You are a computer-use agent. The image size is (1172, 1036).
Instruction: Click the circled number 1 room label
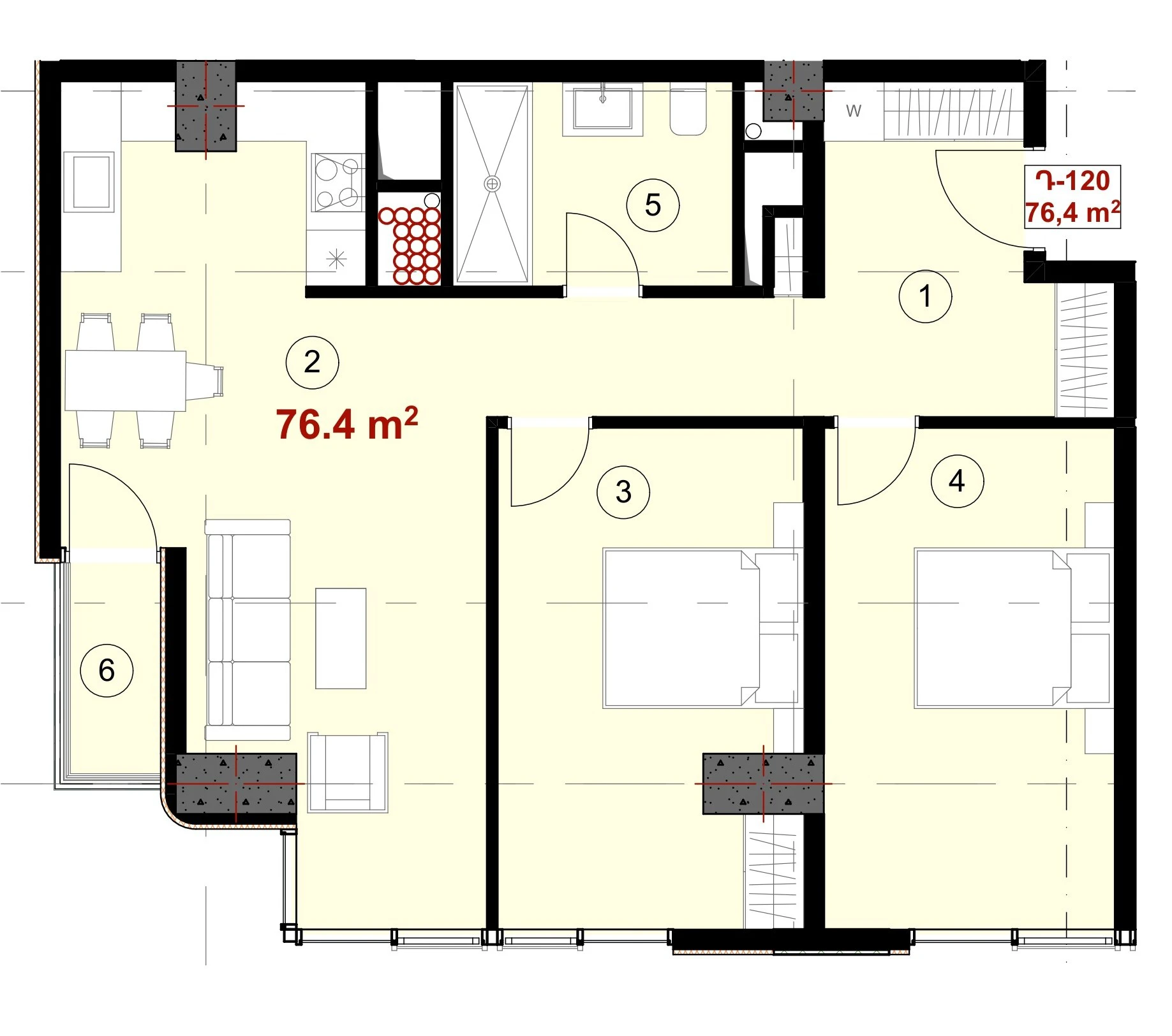point(925,296)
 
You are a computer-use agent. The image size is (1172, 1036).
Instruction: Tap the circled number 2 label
point(312,362)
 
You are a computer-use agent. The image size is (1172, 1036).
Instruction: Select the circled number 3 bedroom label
point(623,492)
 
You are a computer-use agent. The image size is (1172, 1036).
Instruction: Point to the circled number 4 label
point(957,481)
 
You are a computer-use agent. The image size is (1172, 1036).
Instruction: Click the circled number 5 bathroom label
point(653,205)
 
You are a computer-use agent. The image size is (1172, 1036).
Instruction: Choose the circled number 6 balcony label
point(107,670)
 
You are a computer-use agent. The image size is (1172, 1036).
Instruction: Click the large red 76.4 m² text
point(347,424)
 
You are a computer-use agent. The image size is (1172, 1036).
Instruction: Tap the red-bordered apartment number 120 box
point(1072,196)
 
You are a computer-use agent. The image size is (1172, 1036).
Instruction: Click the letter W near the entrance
point(854,111)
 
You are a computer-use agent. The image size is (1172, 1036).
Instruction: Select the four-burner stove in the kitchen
point(338,182)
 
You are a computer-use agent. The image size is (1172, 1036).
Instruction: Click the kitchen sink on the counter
point(89,182)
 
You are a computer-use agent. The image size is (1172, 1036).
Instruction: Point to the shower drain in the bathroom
point(492,184)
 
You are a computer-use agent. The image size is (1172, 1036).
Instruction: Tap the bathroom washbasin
point(602,109)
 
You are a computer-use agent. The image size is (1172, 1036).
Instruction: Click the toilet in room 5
point(688,110)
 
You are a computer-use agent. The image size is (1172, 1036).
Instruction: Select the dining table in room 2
point(126,381)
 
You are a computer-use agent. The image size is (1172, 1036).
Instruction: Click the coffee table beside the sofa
point(341,638)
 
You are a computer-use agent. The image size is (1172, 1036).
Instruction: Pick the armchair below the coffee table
point(348,772)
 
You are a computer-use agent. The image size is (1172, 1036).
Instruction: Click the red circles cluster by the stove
point(410,245)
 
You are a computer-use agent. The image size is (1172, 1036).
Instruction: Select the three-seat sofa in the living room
point(248,630)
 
